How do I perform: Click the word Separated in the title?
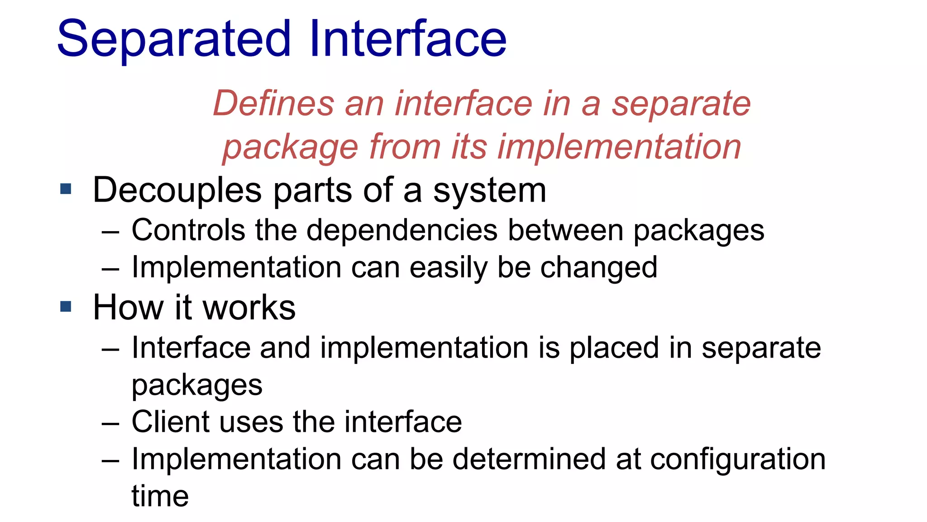(x=174, y=40)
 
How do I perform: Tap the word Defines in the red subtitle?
(x=273, y=103)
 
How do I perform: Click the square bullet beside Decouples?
(x=66, y=189)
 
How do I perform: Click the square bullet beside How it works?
(x=66, y=307)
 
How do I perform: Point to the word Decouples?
(x=177, y=190)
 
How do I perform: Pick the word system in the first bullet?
(x=490, y=190)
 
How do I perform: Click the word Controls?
(x=188, y=230)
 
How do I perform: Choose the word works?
(x=249, y=308)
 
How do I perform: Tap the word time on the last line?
(x=160, y=496)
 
